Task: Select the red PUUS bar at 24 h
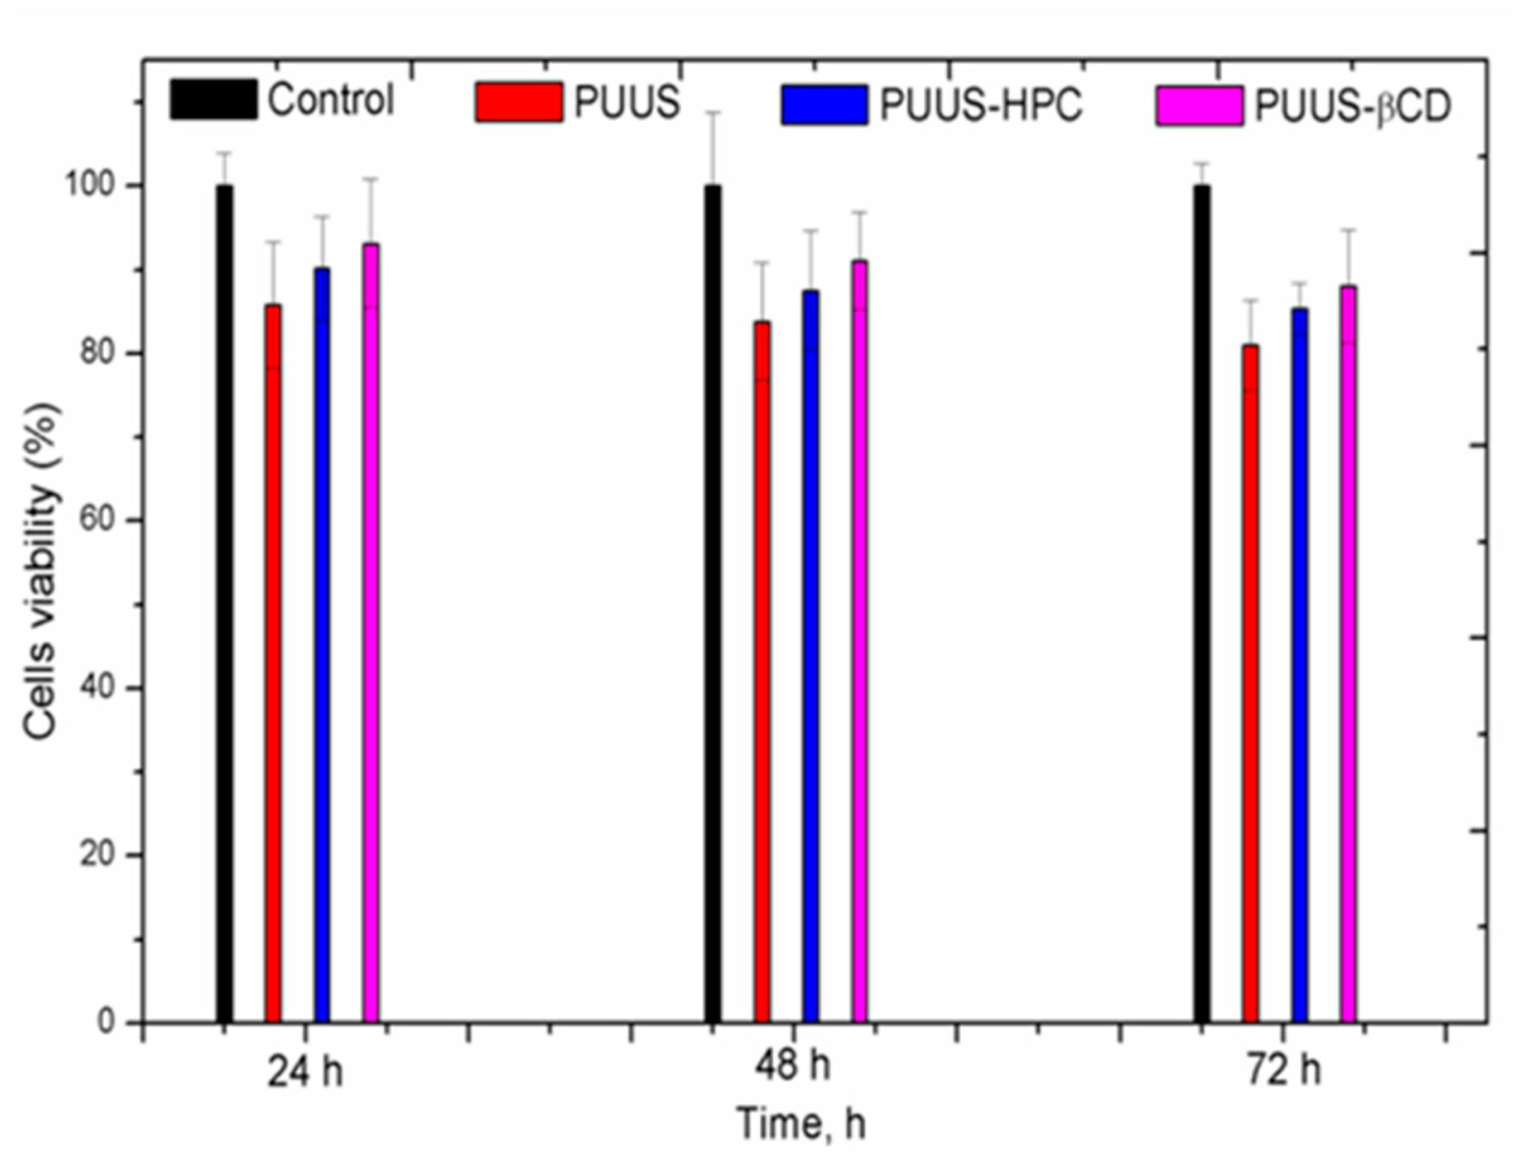click(273, 663)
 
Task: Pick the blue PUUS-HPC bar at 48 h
click(810, 656)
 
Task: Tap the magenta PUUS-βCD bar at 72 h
click(1348, 654)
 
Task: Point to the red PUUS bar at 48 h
click(762, 672)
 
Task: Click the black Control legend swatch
click(213, 100)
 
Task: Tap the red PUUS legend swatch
click(519, 102)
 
